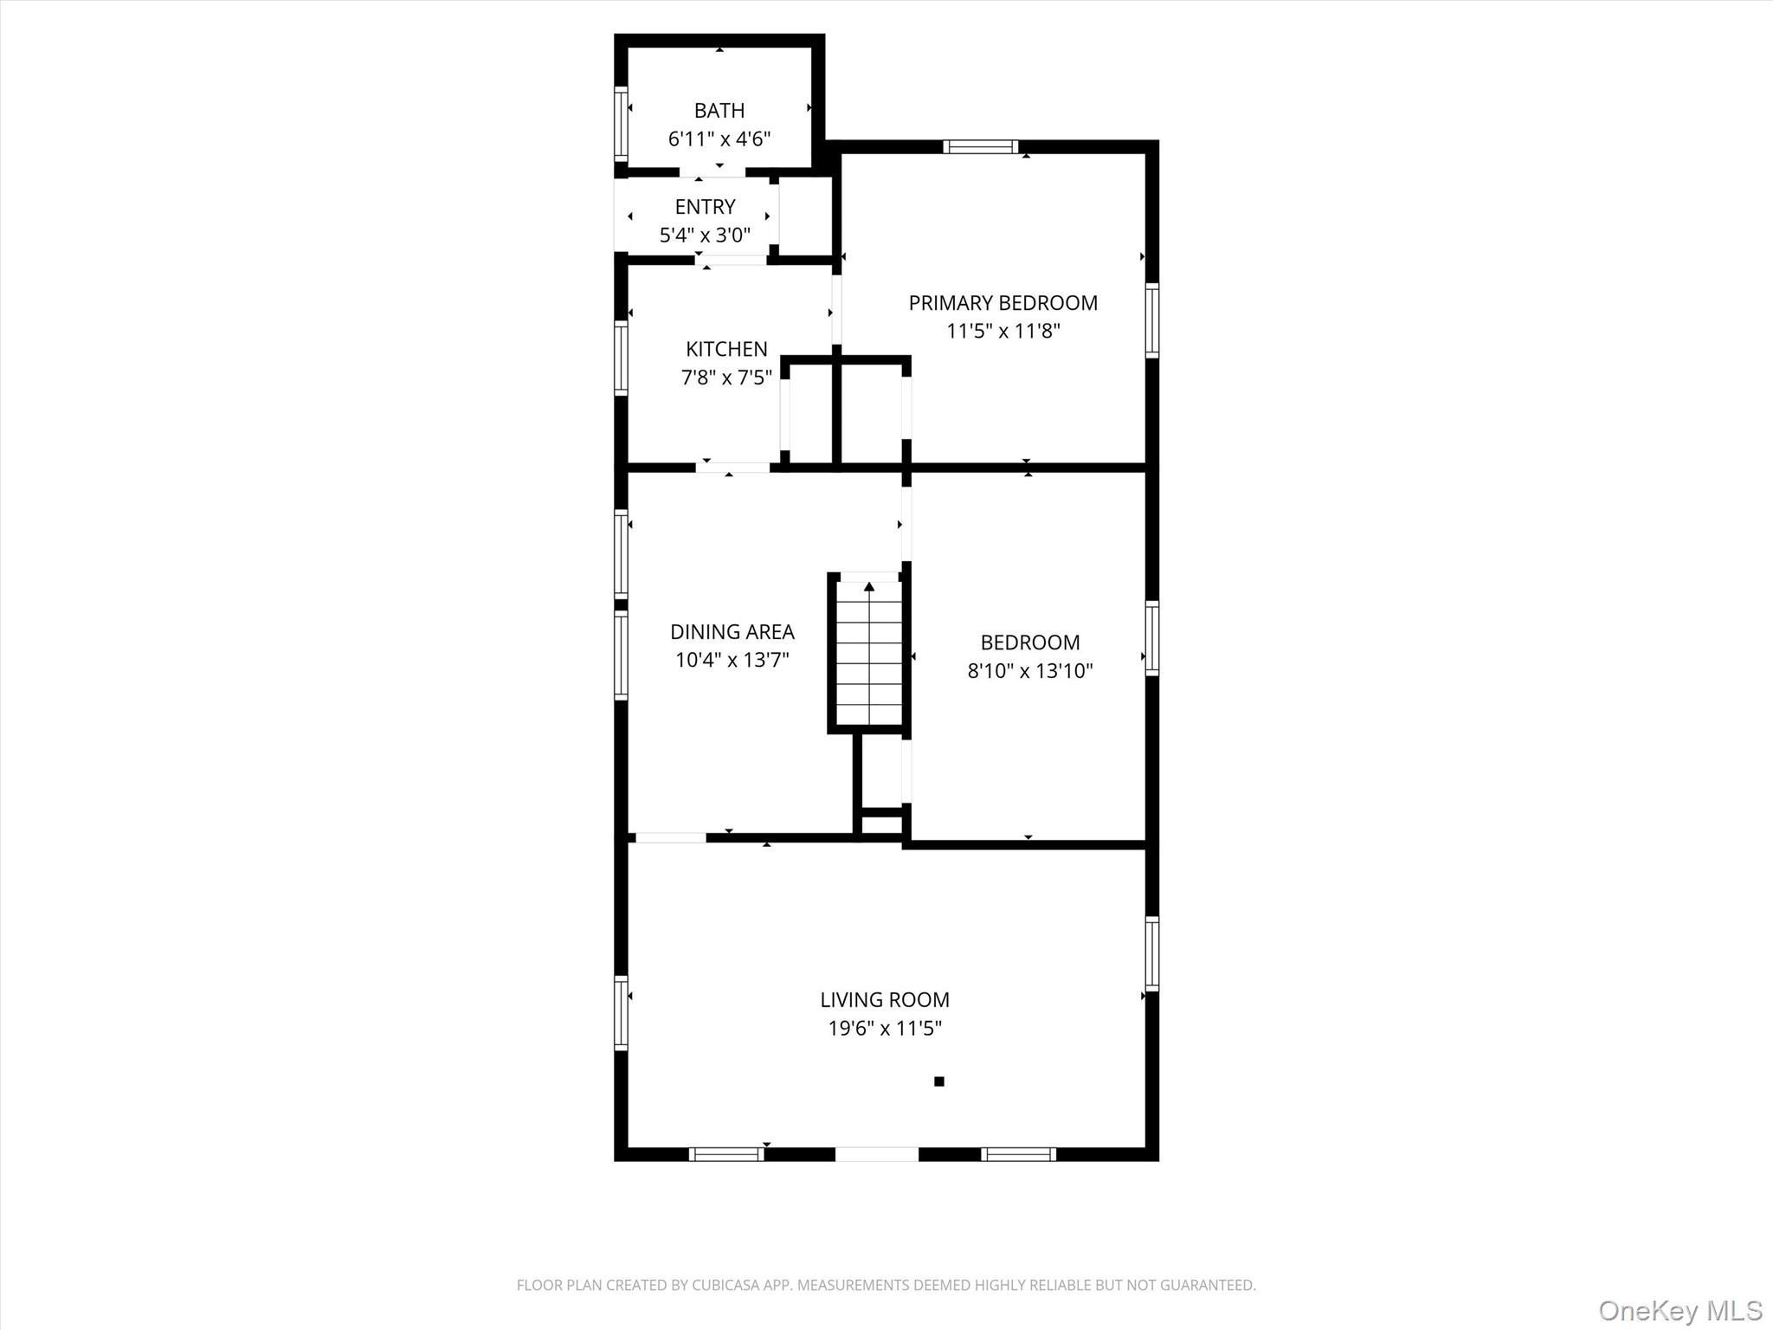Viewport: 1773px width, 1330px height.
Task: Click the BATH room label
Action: [719, 111]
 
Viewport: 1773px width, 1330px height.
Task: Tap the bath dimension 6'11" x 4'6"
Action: [719, 139]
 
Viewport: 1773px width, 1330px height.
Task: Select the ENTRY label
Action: [705, 207]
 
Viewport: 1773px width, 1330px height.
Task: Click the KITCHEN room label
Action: [726, 349]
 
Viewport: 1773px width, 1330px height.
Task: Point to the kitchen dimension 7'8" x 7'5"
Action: [726, 378]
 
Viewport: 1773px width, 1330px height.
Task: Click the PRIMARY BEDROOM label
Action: [1003, 303]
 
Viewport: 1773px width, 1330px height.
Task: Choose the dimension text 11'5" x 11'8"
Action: [1003, 331]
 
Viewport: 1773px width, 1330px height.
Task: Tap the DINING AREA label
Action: [732, 632]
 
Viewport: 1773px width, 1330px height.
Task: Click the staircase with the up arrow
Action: [868, 654]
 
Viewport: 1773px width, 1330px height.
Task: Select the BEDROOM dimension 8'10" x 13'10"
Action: [1029, 671]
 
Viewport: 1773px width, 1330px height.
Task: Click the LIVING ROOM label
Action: [884, 1000]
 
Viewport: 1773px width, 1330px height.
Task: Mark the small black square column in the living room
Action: [938, 1081]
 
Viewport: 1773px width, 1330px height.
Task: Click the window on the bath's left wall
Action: [620, 123]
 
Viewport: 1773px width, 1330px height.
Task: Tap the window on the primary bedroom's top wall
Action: [980, 146]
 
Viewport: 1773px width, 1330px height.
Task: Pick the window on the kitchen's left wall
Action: [620, 358]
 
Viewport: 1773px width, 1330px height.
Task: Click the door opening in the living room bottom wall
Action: [876, 1153]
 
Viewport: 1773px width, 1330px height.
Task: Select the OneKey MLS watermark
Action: [1680, 1310]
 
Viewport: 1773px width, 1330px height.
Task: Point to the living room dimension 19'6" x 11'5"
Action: [884, 1029]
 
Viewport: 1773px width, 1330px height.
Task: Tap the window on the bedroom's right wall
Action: [1152, 638]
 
